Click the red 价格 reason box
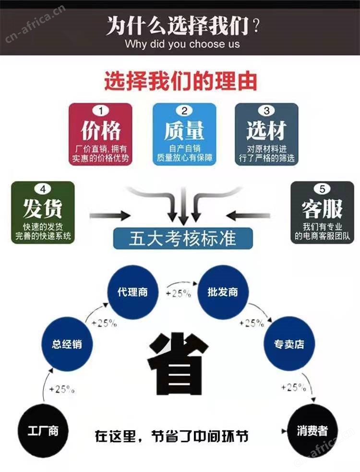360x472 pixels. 100,134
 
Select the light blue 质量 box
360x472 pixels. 184,134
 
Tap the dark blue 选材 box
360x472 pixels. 266,134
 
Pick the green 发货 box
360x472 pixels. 43,213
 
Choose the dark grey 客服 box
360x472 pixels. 322,213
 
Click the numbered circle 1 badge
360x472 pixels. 100,111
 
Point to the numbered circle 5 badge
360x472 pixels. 322,189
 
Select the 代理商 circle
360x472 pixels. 133,292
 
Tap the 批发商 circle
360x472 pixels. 222,292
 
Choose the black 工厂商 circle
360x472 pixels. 43,431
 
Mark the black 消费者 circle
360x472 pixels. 312,431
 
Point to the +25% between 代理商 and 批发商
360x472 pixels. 179,293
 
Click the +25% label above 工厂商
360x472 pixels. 62,389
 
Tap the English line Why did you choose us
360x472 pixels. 182,44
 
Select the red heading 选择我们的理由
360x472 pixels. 180,81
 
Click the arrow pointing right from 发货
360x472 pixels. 110,216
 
